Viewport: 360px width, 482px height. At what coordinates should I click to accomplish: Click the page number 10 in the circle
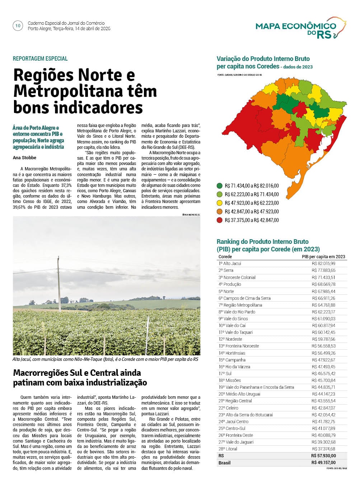pos(18,26)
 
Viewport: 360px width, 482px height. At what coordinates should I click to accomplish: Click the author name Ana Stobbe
pos(24,157)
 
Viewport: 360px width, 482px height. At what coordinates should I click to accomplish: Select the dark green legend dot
pos(219,186)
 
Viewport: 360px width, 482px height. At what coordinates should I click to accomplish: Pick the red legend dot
pos(219,220)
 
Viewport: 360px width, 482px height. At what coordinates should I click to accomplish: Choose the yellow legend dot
pos(219,203)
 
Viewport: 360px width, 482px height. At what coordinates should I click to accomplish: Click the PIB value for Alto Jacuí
pos(323,264)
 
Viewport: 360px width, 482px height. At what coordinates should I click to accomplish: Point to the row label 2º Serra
pos(226,270)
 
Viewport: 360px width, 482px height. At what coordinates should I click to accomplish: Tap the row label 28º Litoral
pos(228,449)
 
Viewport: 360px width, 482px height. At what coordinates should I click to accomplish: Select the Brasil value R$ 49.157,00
pos(323,463)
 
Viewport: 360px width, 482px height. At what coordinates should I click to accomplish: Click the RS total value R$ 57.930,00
pos(323,456)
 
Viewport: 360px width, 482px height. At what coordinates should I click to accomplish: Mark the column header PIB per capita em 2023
pos(323,256)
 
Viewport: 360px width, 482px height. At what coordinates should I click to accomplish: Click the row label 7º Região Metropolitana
pos(240,305)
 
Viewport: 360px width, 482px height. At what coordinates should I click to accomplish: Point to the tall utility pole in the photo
pos(59,283)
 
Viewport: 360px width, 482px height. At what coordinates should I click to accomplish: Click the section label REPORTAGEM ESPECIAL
pos(40,58)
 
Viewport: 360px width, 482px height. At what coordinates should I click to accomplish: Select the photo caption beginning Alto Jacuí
pos(105,359)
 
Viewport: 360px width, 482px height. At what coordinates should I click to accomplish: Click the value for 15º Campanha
pos(323,360)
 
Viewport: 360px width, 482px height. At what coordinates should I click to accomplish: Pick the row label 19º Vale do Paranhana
pos(256,387)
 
